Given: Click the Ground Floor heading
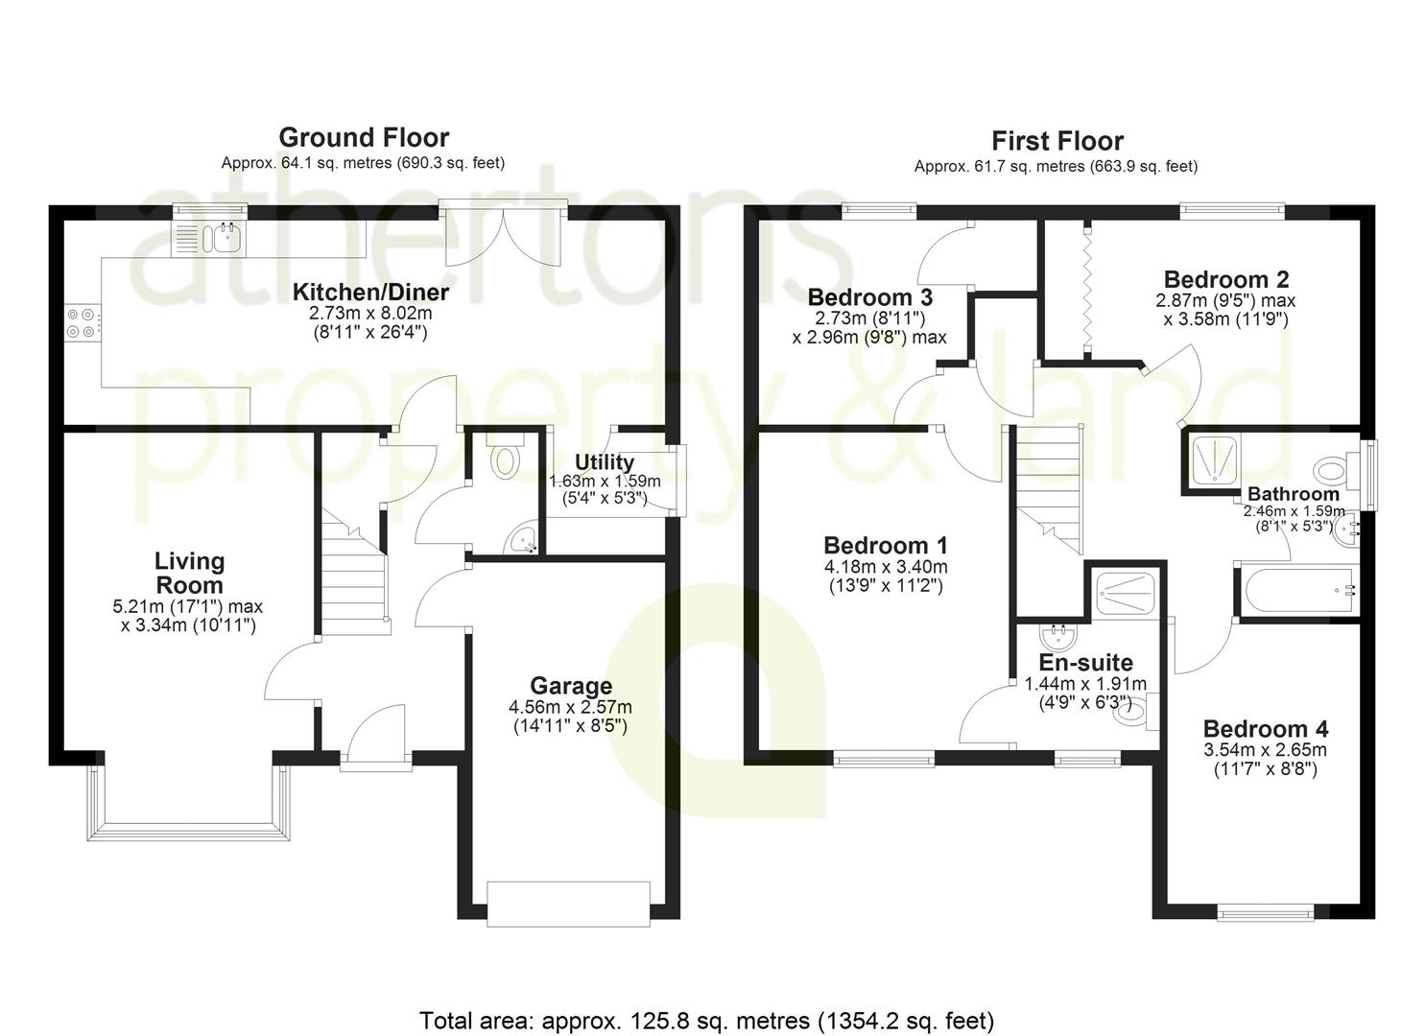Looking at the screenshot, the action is point(364,138).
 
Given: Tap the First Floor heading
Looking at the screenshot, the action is point(1057,141).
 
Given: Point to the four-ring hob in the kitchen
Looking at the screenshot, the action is point(81,323).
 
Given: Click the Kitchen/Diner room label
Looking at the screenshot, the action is point(370,292).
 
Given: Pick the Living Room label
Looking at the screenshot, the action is point(190,573).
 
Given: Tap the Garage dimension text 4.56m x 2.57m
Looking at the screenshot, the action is point(571,707).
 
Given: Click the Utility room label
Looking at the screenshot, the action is point(605,462).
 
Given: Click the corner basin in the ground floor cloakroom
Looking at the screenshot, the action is point(524,539).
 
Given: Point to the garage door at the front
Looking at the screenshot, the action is point(569,903).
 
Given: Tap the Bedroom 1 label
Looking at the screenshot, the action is point(886,545).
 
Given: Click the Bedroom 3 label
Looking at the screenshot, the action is point(869,297).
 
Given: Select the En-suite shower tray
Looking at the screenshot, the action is point(1126,594).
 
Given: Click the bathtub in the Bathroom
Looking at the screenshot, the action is point(1298,589).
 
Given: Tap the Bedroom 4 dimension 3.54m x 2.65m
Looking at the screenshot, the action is point(1265,750).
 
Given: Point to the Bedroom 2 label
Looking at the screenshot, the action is point(1225,279).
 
